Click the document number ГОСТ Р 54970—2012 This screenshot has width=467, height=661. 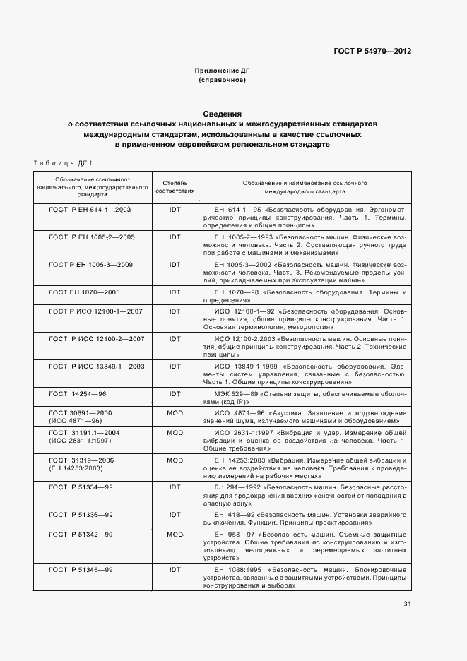click(373, 52)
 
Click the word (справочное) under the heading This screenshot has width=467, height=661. click(222, 81)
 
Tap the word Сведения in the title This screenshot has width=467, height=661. click(223, 113)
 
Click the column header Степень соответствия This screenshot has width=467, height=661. click(175, 187)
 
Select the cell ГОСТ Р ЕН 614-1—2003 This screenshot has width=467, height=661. click(90, 210)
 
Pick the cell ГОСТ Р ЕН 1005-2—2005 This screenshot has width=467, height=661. click(92, 237)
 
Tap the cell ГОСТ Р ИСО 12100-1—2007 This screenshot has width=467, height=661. click(96, 311)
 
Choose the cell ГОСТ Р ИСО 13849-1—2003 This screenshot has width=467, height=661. click(96, 366)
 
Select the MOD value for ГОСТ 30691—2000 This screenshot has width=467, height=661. click(175, 412)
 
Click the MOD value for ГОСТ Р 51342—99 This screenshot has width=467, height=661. click(175, 535)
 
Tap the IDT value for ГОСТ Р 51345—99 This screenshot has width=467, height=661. click(175, 569)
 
